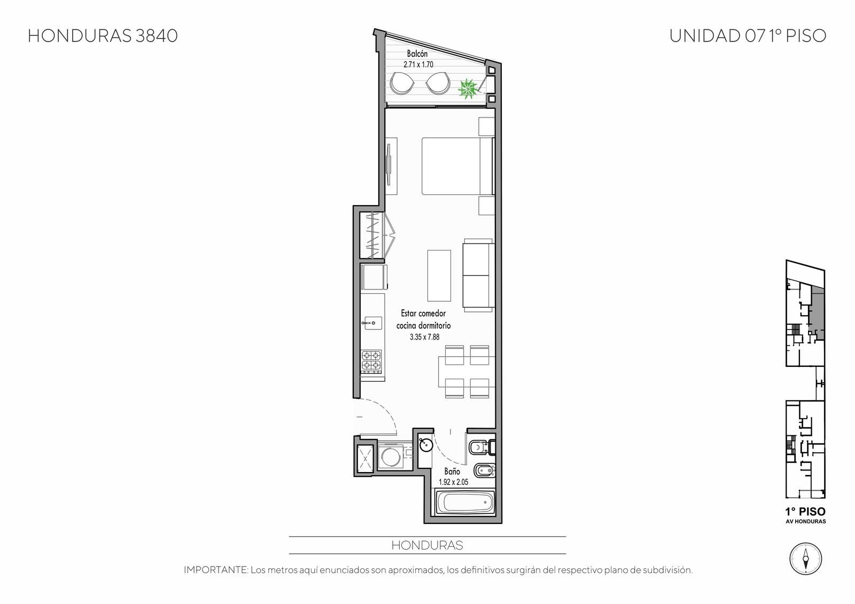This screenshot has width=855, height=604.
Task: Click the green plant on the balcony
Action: coord(467,89)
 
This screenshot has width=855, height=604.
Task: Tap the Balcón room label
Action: coord(417,54)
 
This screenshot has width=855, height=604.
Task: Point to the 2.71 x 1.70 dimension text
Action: coord(418,65)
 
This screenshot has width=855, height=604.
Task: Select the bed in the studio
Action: coord(457,166)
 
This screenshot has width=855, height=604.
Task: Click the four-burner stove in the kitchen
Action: coord(371,361)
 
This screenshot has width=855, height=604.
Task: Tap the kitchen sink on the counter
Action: coord(372,323)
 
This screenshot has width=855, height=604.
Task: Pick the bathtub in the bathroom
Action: coord(465,503)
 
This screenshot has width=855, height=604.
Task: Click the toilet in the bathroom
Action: coord(481,448)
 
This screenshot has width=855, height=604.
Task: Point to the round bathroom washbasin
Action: coord(426,444)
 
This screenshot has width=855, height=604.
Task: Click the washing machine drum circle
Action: coord(391,457)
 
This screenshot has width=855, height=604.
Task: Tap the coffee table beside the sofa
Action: coord(439,276)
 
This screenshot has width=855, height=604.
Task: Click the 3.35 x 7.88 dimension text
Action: coord(424,337)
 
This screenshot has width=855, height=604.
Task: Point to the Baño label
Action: coord(452,471)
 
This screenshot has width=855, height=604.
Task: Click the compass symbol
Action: coord(805,559)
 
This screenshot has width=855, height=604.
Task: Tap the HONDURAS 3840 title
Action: coord(103,36)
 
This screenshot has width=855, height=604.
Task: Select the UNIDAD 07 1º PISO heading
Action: coord(748,36)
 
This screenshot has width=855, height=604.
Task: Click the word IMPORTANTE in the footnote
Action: coord(216,570)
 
